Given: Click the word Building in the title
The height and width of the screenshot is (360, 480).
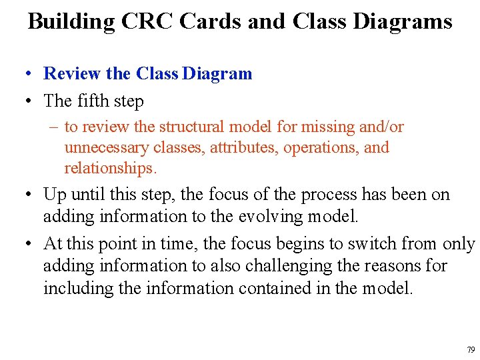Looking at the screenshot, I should tap(71, 21).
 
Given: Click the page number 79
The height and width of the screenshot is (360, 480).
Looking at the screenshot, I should tap(471, 349).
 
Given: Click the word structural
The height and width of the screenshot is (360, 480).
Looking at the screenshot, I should tap(191, 127).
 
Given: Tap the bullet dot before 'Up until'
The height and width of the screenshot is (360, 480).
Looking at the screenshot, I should tap(28, 195).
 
